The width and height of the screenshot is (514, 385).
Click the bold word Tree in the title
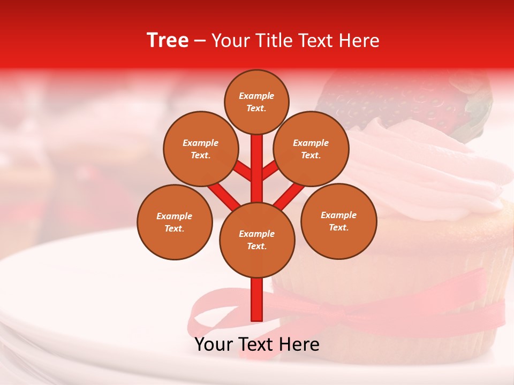tap(168, 40)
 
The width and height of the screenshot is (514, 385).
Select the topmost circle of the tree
tap(256, 102)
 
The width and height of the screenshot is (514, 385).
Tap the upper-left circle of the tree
tap(201, 149)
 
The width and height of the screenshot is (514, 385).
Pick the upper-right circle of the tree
tap(311, 149)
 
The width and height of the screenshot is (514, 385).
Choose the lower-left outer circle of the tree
tap(175, 222)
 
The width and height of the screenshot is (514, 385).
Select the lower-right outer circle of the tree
tap(338, 221)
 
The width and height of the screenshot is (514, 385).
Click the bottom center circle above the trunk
tap(257, 240)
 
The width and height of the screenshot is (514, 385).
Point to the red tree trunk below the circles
tap(257, 299)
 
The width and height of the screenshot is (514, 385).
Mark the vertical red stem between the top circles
tap(257, 166)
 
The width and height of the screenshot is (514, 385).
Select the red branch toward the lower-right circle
tap(289, 196)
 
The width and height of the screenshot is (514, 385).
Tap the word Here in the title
tap(360, 41)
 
